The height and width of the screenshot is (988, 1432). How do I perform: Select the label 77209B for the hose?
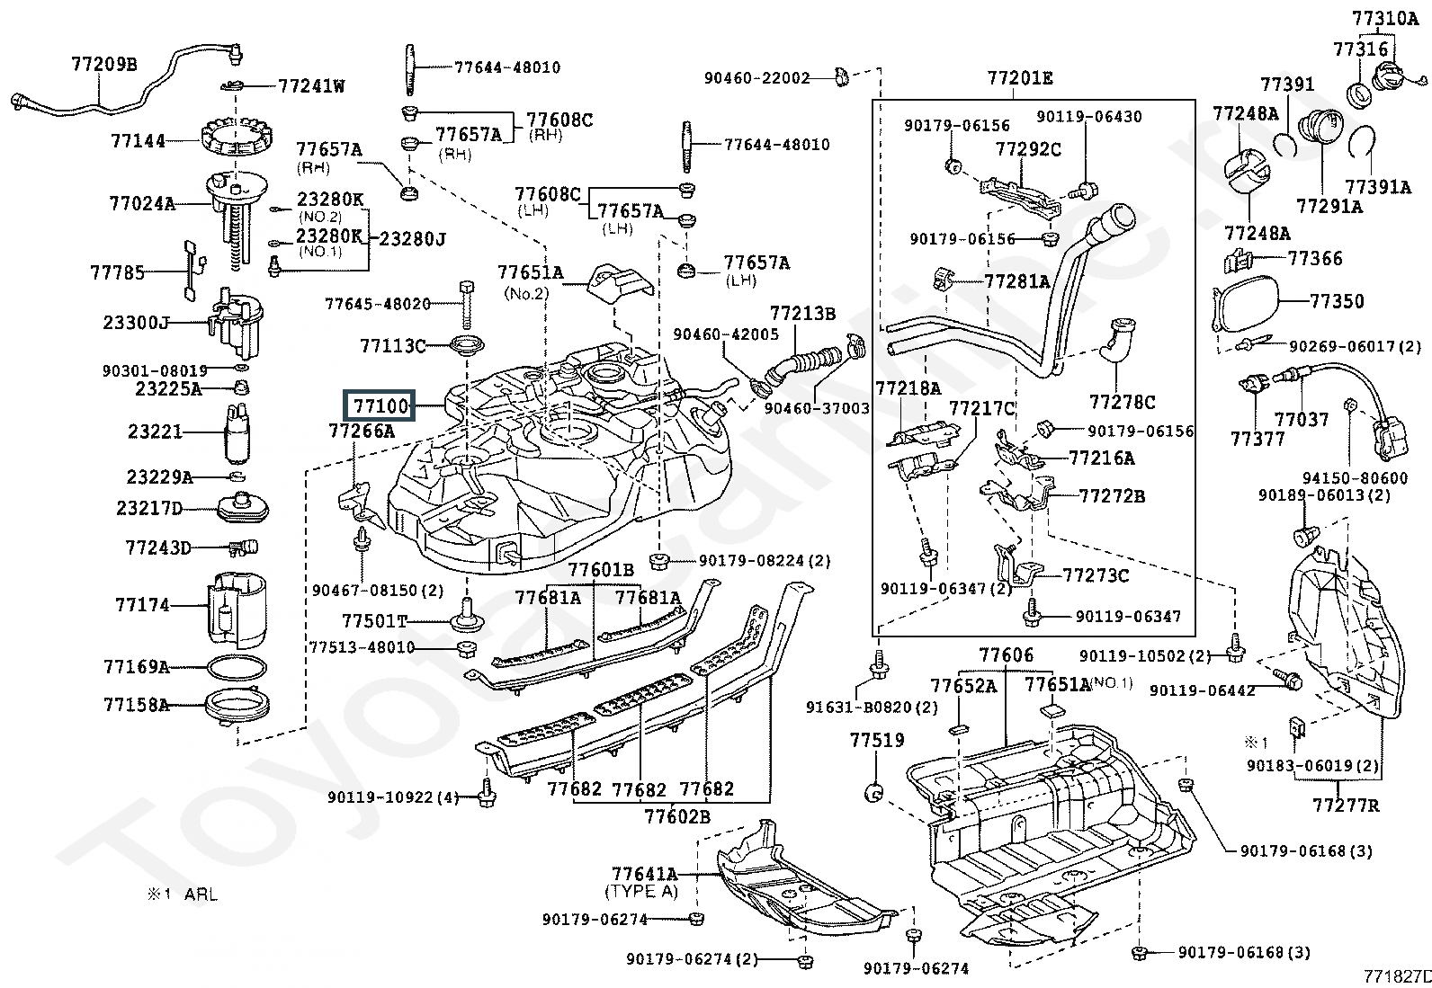click(x=104, y=64)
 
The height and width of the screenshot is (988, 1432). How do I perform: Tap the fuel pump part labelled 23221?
click(x=238, y=432)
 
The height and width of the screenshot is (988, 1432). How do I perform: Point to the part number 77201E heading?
click(x=1019, y=78)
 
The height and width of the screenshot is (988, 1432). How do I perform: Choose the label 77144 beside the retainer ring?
click(x=139, y=140)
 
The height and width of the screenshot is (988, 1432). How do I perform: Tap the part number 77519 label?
click(x=877, y=741)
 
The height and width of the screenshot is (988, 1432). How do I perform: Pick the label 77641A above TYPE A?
click(x=644, y=874)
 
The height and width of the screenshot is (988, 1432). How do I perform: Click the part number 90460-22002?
click(x=756, y=78)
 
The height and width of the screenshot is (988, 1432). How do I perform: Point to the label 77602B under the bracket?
click(x=676, y=816)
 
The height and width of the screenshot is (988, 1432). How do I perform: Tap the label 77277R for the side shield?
click(x=1345, y=805)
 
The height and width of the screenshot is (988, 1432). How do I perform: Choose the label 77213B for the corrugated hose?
click(x=802, y=313)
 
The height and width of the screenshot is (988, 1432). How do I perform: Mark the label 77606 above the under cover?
click(x=1007, y=655)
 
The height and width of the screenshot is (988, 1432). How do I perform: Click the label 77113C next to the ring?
click(x=393, y=345)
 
